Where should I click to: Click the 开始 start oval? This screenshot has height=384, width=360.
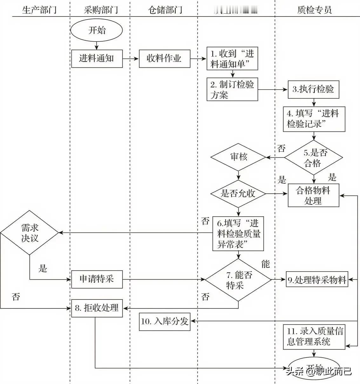(97, 30)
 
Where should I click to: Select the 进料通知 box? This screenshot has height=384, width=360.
(97, 58)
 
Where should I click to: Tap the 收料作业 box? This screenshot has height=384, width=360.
(164, 58)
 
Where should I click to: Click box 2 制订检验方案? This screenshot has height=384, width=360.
(232, 90)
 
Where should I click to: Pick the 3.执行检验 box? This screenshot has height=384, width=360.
(313, 89)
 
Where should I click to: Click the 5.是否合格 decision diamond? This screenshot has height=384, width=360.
(314, 158)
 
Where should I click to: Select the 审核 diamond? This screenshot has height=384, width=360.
(238, 157)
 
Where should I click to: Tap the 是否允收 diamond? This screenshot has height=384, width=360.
(238, 193)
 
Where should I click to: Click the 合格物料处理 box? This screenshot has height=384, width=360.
(313, 195)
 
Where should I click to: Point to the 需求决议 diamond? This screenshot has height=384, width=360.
(30, 233)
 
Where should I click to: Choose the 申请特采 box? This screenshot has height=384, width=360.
(97, 279)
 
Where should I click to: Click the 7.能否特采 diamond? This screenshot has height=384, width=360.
(238, 280)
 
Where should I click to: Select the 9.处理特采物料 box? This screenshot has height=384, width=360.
(317, 280)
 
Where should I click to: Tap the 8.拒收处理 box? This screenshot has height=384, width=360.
(97, 308)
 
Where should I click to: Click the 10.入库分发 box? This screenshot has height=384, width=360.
(165, 321)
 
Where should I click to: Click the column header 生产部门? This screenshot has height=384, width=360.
(39, 10)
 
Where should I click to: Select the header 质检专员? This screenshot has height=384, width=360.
(314, 10)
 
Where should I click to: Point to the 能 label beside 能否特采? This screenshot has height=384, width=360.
(265, 264)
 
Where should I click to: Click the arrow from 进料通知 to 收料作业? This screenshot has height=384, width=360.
(131, 59)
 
